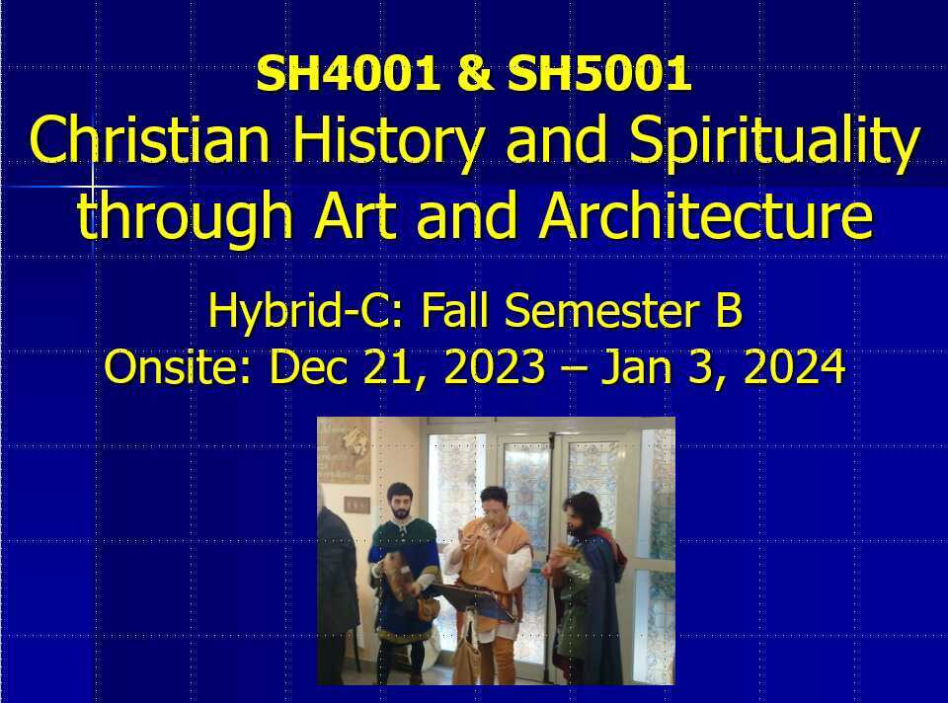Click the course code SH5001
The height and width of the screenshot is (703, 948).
599,75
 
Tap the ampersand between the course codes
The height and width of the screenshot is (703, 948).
475,75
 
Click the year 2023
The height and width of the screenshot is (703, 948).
493,368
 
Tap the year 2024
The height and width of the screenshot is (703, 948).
795,368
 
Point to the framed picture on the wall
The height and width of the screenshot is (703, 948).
344,449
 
